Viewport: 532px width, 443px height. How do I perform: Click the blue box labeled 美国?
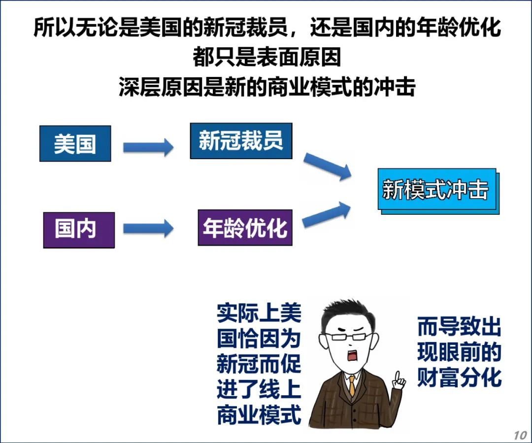pos(75,143)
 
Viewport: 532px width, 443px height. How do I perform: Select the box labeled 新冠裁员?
pos(241,141)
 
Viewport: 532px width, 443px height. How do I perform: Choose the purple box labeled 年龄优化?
pos(245,228)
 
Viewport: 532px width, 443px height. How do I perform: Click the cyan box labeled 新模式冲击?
pos(436,190)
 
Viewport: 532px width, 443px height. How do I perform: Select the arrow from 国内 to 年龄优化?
pos(148,228)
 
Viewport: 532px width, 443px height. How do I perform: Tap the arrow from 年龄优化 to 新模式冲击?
pos(327,215)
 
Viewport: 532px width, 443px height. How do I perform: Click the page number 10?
pos(520,435)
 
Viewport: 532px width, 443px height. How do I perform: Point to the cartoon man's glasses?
pos(351,337)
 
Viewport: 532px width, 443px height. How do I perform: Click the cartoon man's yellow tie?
pos(352,384)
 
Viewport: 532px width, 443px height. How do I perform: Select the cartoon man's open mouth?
pos(354,356)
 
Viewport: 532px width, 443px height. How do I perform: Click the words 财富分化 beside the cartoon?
pos(459,378)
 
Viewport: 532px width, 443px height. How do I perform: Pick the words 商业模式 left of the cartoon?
pos(259,415)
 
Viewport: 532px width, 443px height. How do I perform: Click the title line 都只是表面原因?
pos(266,58)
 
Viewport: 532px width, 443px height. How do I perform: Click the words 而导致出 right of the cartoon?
pos(459,327)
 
